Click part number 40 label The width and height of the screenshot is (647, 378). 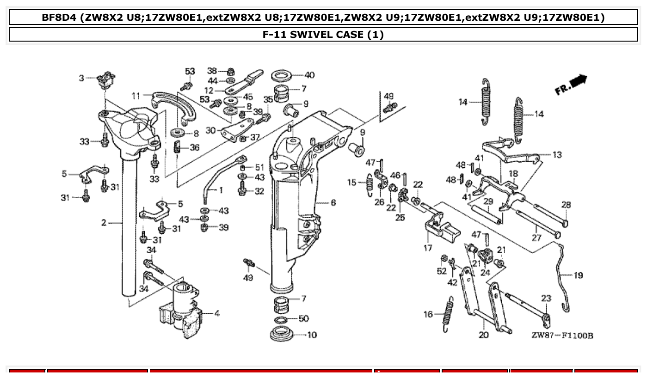tap(309, 75)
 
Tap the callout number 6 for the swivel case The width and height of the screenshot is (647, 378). tap(333, 203)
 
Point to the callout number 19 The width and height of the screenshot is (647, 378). tap(578, 275)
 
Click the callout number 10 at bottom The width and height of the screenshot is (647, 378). tap(312, 335)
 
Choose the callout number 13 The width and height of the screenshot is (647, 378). tap(557, 155)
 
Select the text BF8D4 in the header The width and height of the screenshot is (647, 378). tap(59, 18)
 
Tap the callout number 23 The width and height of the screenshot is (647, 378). tap(546, 299)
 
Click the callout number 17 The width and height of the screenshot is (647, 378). tap(428, 248)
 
